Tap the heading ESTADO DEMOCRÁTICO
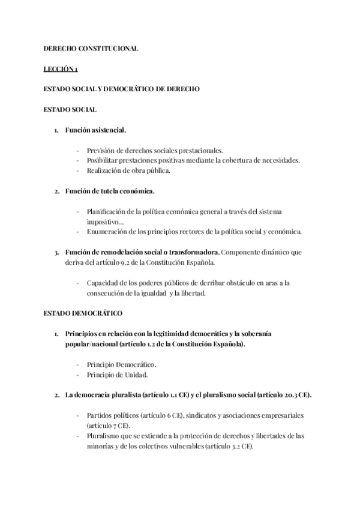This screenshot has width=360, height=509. tap(83, 313)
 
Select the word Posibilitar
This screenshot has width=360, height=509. tap(104, 160)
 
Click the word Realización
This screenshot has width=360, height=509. tap(105, 170)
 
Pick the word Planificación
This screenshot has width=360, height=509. tap(108, 212)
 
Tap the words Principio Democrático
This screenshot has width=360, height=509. tap(122, 364)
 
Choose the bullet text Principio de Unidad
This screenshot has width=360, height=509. tap(117, 375)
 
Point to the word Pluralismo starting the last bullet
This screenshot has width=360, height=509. tap(104, 436)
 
